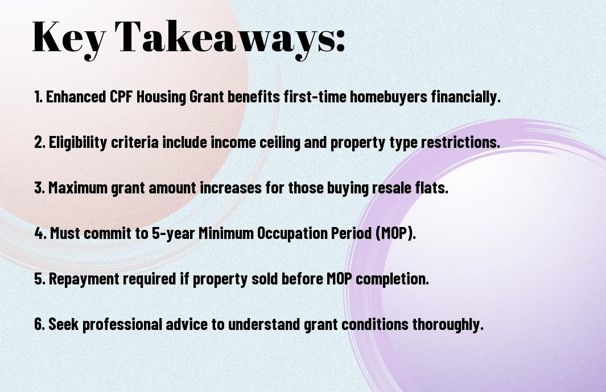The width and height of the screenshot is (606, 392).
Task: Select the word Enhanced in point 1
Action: [x=75, y=97]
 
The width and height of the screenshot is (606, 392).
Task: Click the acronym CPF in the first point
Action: [x=121, y=97]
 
